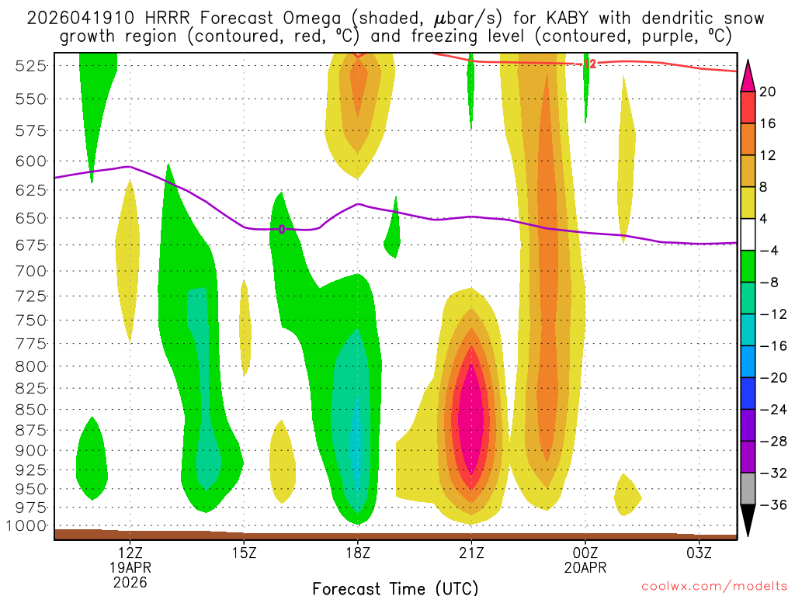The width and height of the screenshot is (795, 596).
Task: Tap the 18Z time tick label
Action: coord(357,553)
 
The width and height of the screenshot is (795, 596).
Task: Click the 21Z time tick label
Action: coord(471,553)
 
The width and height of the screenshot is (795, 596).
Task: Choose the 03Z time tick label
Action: coord(699,553)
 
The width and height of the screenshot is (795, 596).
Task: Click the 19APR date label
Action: coord(130,567)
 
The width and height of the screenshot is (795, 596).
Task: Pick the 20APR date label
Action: coord(585,567)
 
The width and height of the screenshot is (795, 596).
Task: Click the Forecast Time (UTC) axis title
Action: coord(395,587)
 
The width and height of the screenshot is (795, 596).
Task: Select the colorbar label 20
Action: coord(768,92)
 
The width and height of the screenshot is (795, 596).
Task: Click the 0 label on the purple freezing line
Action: coord(282,228)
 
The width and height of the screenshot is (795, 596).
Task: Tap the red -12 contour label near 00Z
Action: coord(589,64)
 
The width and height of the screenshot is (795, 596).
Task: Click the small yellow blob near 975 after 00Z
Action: coord(626,494)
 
